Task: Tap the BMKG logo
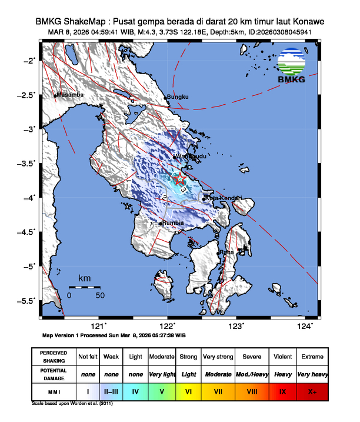coord(292,65)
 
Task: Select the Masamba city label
coord(70,95)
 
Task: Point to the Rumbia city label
coord(174,223)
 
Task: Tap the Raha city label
coord(226,252)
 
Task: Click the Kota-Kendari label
coord(223,198)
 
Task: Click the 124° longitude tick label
coord(305,325)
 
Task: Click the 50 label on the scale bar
coord(100,295)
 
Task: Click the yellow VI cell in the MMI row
coord(188,390)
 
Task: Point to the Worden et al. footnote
coord(72,404)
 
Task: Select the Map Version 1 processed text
coord(114,335)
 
